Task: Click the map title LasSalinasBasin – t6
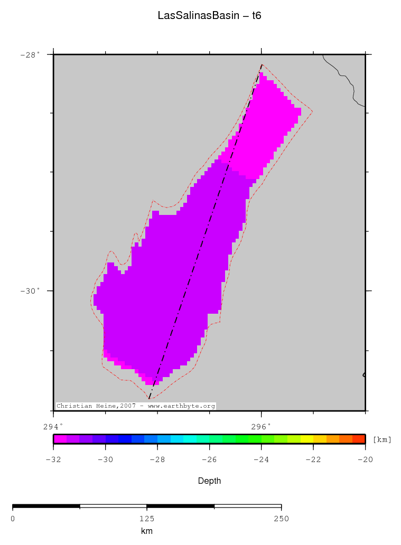(x=209, y=16)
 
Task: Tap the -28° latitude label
(x=30, y=54)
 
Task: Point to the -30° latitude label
(x=30, y=291)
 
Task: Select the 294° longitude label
(x=53, y=426)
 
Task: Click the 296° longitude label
(x=261, y=426)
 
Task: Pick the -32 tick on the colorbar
(x=53, y=459)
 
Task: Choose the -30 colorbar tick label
(x=105, y=459)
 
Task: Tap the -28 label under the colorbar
(x=157, y=459)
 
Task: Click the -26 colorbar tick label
(x=209, y=459)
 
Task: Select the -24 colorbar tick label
(x=261, y=459)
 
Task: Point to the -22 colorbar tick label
(x=313, y=459)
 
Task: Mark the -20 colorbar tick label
(x=365, y=459)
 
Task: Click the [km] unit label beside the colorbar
(x=382, y=439)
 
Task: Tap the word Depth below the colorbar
(x=209, y=481)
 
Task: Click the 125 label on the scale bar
(x=146, y=519)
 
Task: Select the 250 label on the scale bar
(x=281, y=519)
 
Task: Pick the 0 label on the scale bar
(x=13, y=519)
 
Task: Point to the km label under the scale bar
(x=146, y=531)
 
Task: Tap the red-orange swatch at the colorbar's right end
(x=358, y=438)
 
